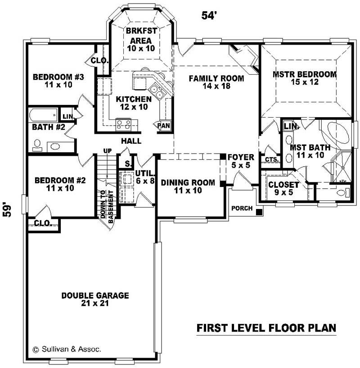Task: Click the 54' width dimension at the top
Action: tap(209, 15)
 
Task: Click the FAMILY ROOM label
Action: tap(216, 82)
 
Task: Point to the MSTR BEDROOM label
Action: tap(305, 78)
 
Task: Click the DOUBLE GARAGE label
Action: tap(95, 300)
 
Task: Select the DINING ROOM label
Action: tap(182, 186)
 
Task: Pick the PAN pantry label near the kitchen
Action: tap(164, 126)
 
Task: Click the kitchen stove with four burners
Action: tap(123, 123)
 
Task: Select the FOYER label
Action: tap(240, 161)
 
